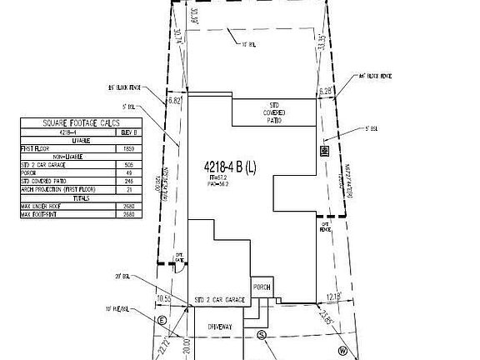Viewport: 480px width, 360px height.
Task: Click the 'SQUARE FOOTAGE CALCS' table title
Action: coord(81,123)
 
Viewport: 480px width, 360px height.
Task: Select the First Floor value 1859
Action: coord(127,148)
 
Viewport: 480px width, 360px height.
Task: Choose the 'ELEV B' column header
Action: coord(127,132)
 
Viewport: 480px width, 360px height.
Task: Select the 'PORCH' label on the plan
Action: coord(262,287)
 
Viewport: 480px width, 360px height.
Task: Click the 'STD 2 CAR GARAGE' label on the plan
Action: coord(218,298)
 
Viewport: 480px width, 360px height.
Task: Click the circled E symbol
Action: coord(162,319)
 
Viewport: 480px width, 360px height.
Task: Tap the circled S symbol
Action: coord(261,336)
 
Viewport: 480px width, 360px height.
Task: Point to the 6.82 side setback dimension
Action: coord(174,100)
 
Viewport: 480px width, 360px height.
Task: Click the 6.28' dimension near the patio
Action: coord(324,91)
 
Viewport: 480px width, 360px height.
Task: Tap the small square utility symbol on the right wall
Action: coord(325,151)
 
